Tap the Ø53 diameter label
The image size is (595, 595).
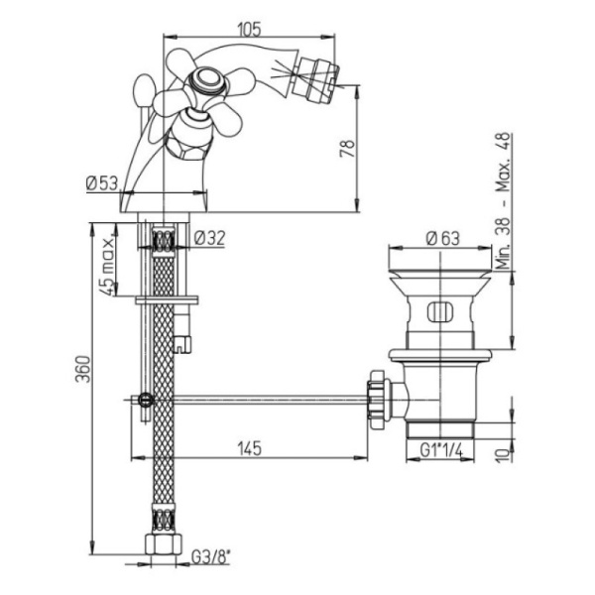coord(103,182)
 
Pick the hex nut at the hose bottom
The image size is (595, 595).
coord(166,544)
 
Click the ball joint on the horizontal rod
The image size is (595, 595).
coord(147,402)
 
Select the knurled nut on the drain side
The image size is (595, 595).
coord(377,399)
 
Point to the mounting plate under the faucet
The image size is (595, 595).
coord(167,298)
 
